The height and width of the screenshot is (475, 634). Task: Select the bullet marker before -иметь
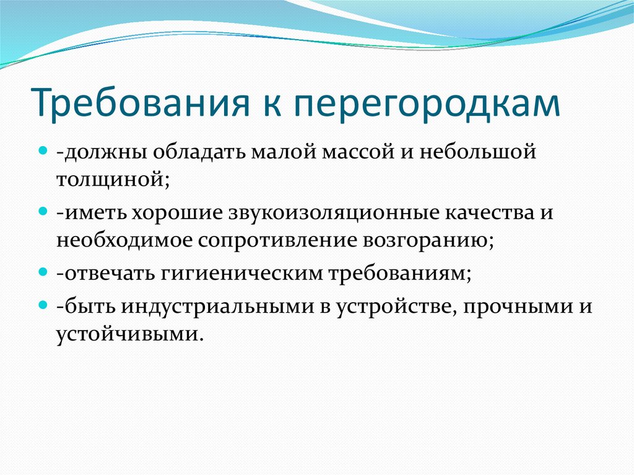43,211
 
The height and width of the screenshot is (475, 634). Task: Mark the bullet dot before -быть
43,305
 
